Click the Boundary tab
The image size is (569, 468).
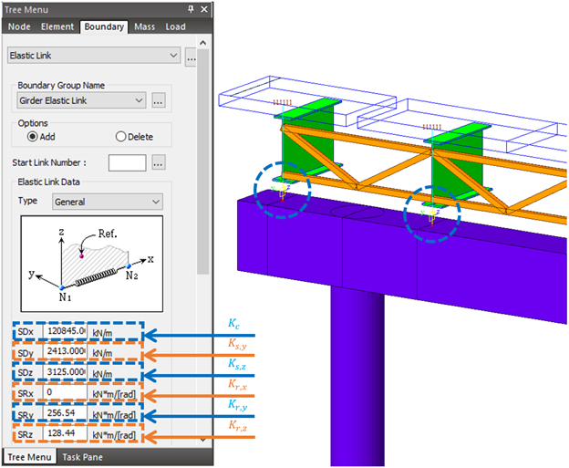[103, 26]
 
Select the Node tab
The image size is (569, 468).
[20, 26]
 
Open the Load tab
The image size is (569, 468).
[175, 26]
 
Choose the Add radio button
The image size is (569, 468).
[34, 137]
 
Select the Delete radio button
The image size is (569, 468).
[120, 137]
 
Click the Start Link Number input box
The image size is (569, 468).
[127, 162]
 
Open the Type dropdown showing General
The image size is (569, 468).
[106, 201]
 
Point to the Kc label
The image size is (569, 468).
[234, 323]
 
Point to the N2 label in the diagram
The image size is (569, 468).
[132, 275]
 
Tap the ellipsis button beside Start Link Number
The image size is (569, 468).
[158, 162]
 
